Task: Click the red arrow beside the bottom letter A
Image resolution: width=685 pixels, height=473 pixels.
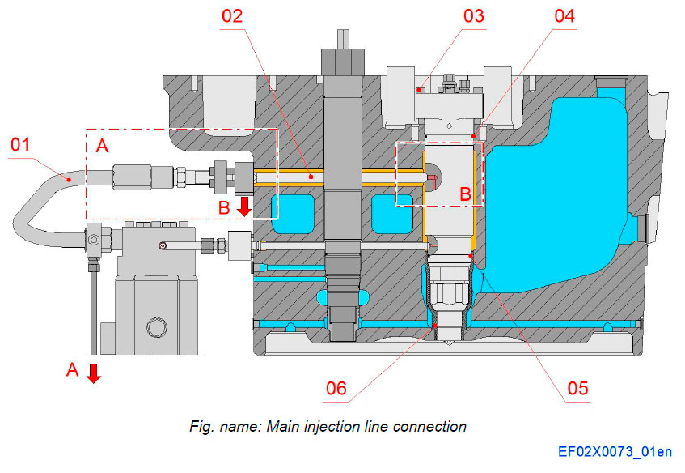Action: pos(94,373)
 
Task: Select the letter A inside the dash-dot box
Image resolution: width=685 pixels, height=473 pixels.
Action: pos(102,146)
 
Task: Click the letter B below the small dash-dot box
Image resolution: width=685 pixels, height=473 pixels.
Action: pos(464,195)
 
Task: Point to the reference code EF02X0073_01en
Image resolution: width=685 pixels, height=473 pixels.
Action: pos(614,452)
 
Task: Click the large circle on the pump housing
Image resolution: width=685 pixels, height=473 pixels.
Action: pos(154,327)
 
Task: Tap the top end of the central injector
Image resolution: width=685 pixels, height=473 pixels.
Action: pos(340,36)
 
